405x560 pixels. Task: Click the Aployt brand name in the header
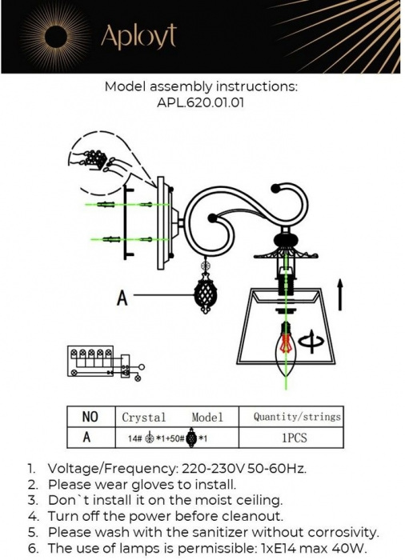point(138,37)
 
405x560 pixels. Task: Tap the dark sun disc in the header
point(57,37)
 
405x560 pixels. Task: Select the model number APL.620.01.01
point(201,103)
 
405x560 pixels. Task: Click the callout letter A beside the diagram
point(122,298)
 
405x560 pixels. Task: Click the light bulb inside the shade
point(286,347)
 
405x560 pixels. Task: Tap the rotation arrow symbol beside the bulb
point(312,342)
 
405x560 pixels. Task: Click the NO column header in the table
point(90,417)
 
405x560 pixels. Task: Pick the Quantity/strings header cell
point(297,417)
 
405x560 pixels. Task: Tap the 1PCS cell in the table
point(295,438)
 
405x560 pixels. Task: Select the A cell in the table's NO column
point(86,437)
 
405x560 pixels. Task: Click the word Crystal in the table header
point(144,417)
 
